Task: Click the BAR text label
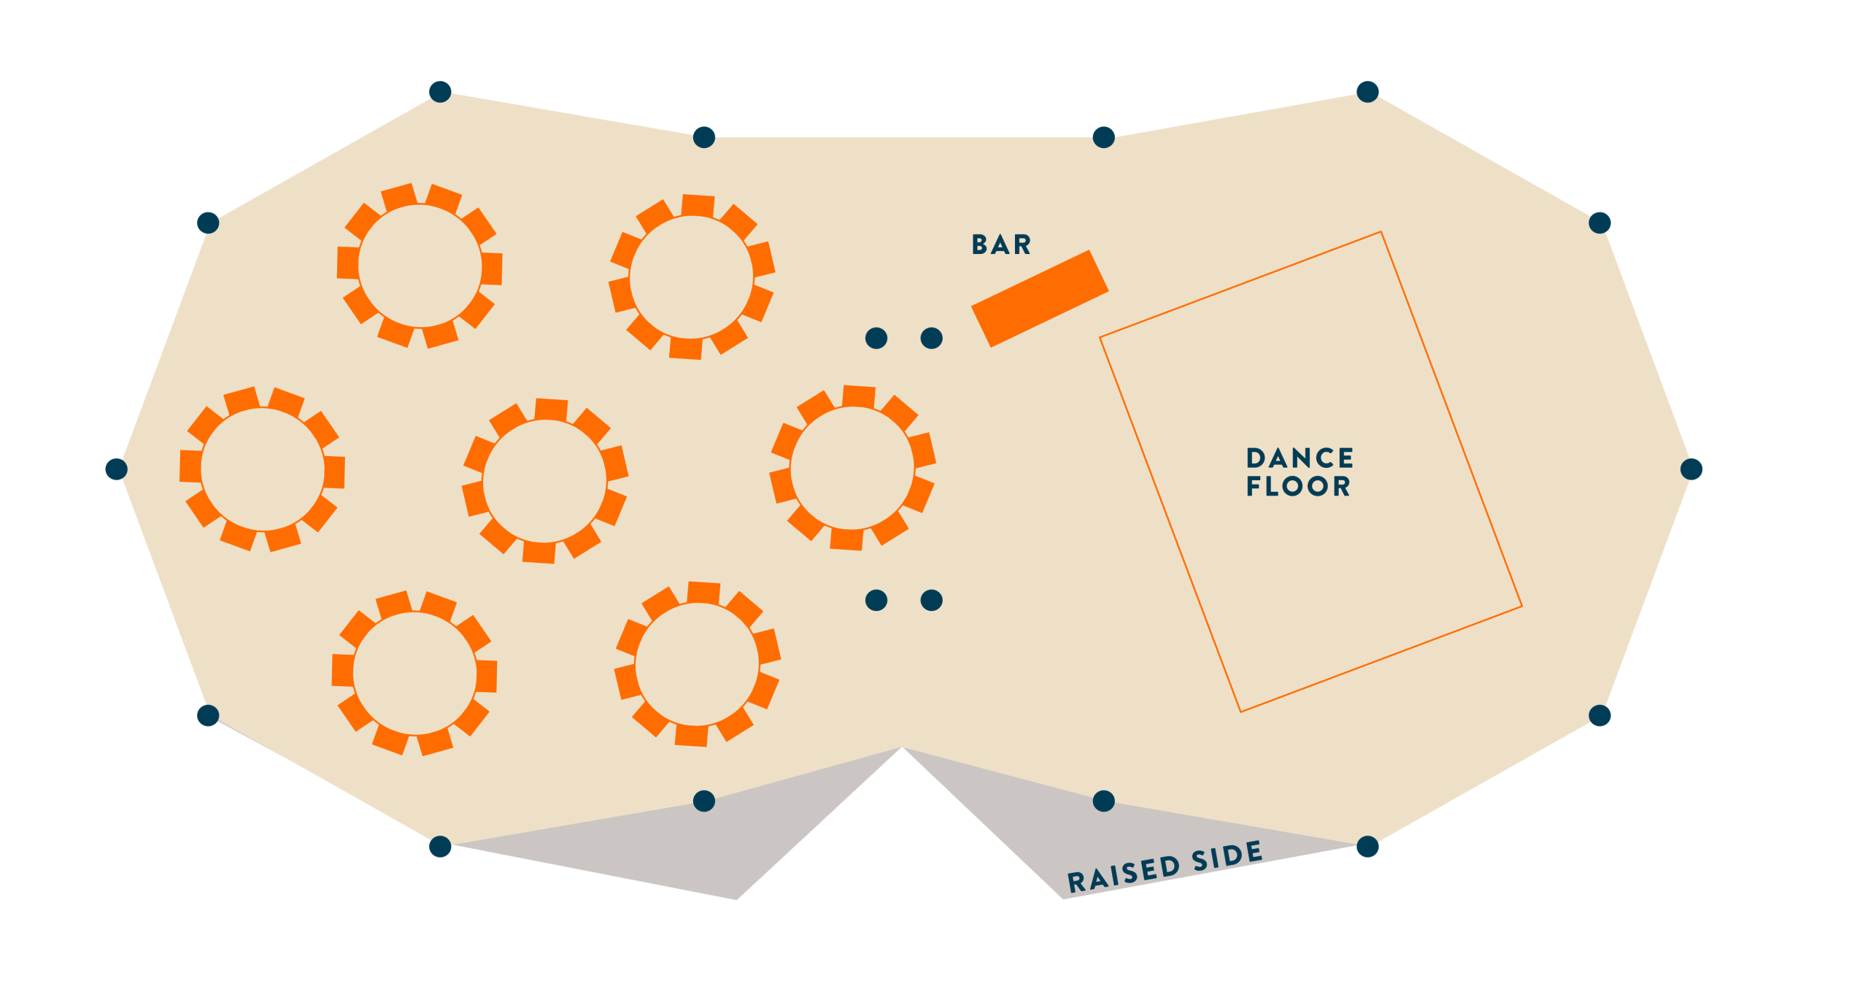[1001, 245]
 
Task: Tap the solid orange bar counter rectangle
[1040, 299]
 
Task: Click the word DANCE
[1300, 458]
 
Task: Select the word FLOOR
[1298, 486]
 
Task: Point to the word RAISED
[1123, 874]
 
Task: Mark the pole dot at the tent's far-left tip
[116, 469]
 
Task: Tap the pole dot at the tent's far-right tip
[1691, 469]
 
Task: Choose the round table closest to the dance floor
[852, 467]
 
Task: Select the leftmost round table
[262, 469]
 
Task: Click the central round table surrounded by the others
[544, 481]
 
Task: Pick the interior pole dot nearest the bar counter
[932, 338]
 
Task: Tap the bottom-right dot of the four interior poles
[932, 600]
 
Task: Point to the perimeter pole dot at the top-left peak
[440, 91]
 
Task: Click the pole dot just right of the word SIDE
[1367, 847]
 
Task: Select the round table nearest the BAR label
[691, 277]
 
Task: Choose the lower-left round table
[414, 673]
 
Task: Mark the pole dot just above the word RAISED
[1104, 801]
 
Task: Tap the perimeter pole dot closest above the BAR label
[1104, 136]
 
